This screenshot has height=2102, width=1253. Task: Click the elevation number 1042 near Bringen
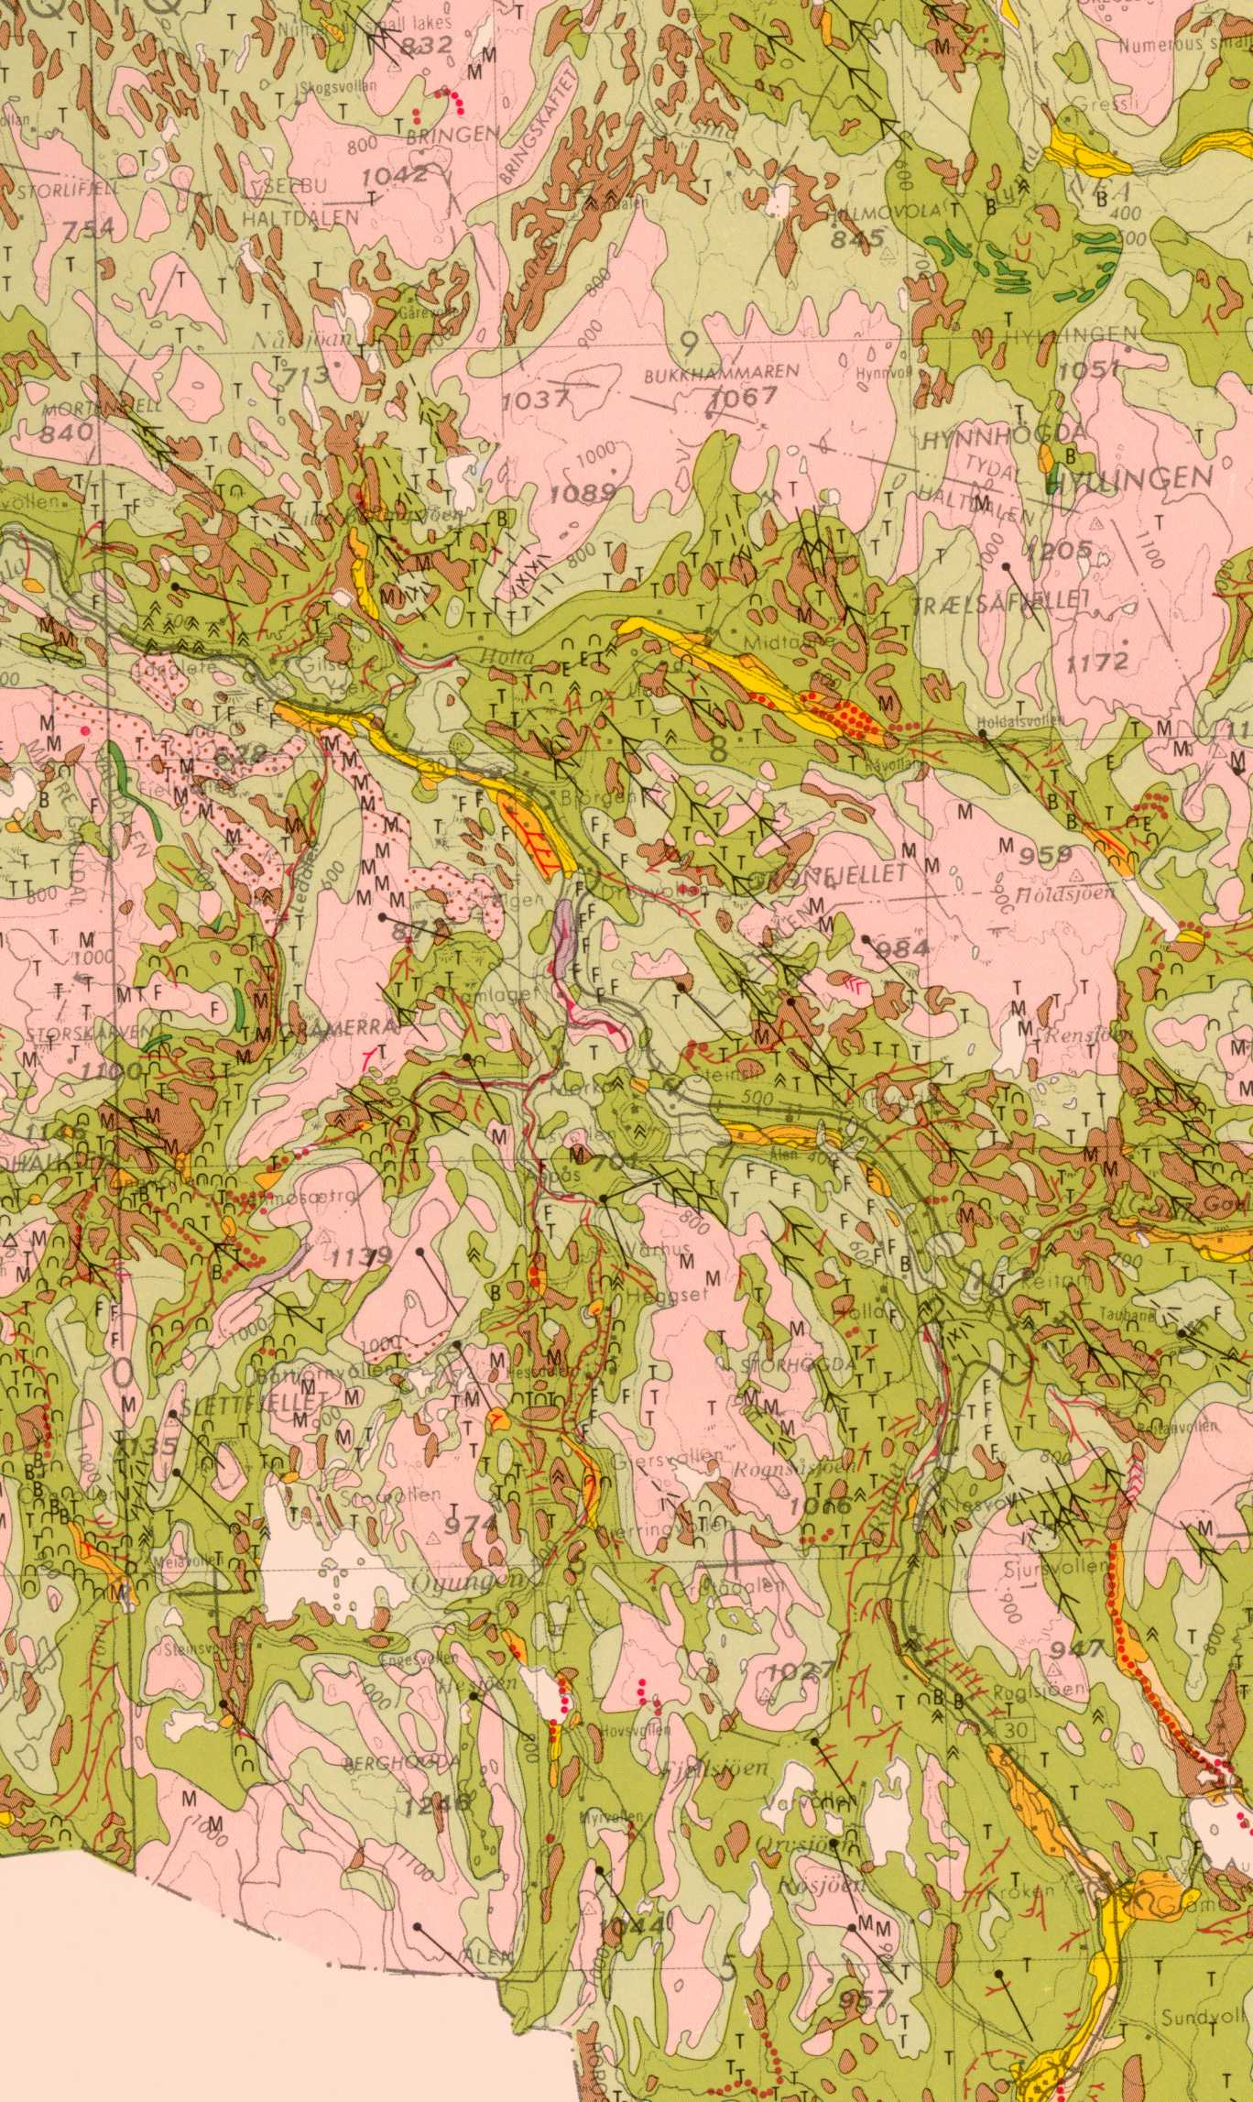[x=394, y=175]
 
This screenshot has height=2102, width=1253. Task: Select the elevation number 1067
[x=744, y=397]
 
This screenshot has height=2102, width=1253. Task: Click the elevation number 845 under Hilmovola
[x=857, y=239]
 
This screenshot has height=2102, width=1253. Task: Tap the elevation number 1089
[x=583, y=494]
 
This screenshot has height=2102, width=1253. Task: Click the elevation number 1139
[x=362, y=1256]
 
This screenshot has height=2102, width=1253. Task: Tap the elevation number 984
[x=903, y=947]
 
